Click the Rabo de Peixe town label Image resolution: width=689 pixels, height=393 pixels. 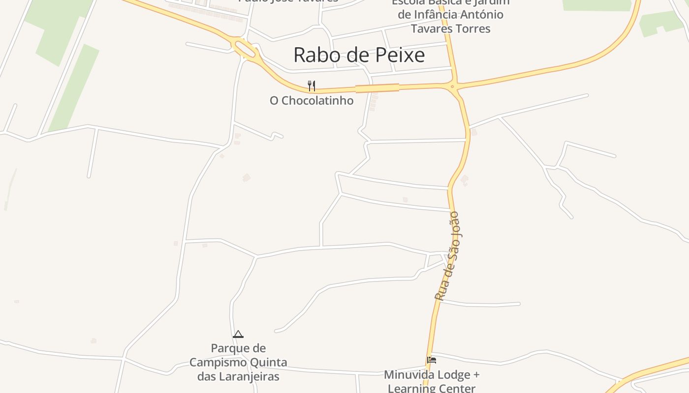tap(359, 55)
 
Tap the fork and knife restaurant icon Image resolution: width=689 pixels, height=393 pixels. tap(311, 86)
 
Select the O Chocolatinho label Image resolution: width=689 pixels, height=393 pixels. tap(312, 101)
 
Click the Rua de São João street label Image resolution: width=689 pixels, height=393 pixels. tap(447, 256)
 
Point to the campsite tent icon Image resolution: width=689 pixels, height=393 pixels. tap(238, 334)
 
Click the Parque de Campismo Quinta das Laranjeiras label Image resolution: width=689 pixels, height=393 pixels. tap(238, 363)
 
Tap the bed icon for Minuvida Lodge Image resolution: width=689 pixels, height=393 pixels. tap(432, 360)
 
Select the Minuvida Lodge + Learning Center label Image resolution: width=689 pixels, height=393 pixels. tap(432, 381)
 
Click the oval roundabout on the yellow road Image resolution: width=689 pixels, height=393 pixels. tap(245, 49)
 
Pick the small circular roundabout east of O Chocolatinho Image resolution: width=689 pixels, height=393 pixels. tap(452, 86)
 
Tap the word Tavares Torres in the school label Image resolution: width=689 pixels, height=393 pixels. tap(451, 28)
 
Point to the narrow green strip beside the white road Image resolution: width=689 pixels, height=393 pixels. tap(74, 88)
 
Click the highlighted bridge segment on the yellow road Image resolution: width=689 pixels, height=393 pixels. tap(377, 88)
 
